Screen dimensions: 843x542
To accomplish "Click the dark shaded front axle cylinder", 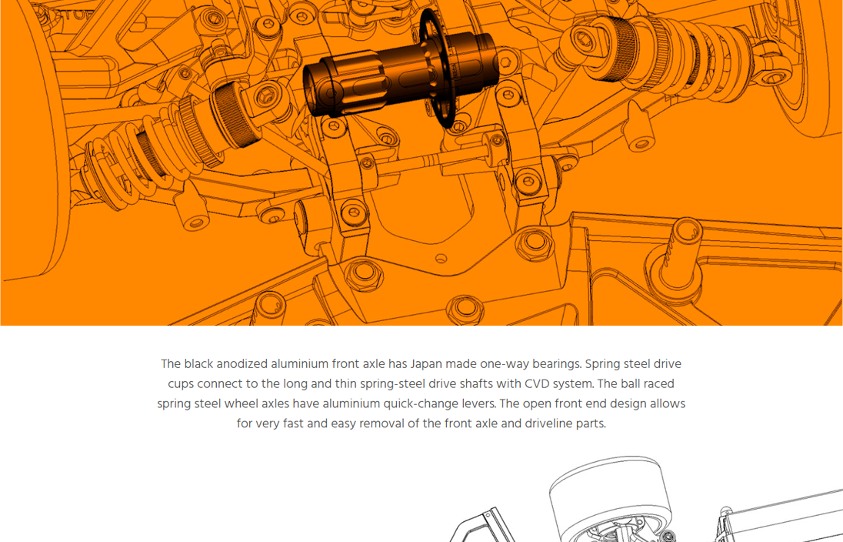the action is [x=398, y=74].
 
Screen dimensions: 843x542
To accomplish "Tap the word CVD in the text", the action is [x=537, y=383].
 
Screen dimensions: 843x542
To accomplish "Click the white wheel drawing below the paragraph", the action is [x=610, y=498].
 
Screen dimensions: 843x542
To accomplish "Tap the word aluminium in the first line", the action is [x=299, y=364].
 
